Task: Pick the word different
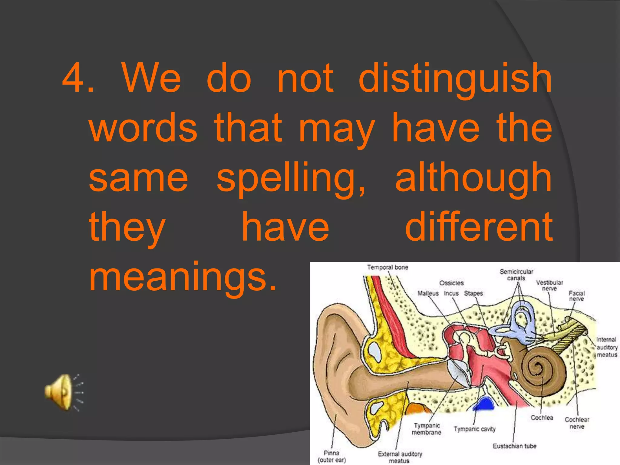click(479, 228)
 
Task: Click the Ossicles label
click(451, 283)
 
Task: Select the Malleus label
click(428, 293)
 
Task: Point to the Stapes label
click(473, 293)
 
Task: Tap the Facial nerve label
click(576, 296)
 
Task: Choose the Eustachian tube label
click(514, 446)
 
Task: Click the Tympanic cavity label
click(474, 429)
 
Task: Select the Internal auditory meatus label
click(607, 347)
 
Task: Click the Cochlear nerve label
click(577, 423)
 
